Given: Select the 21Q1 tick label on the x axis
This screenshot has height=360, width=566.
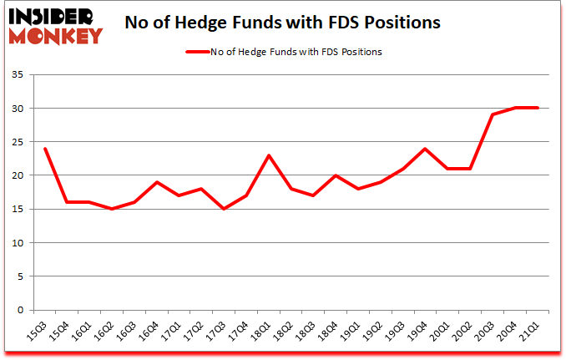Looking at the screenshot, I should (529, 332).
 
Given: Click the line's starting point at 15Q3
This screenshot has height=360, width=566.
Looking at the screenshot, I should (44, 149).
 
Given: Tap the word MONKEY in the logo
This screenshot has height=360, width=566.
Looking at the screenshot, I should (56, 35).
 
